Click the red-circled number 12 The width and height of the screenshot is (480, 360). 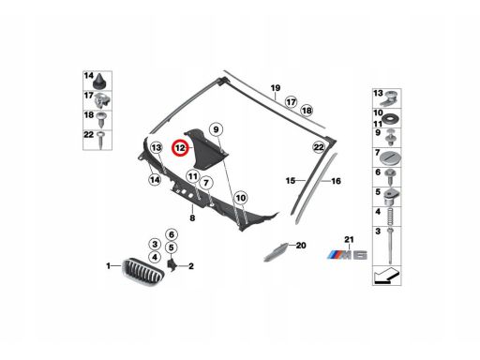180,148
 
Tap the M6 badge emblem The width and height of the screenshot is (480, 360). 347,255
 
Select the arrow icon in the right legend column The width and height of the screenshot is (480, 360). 386,276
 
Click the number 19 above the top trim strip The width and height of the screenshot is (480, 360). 276,88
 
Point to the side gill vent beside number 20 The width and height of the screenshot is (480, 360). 276,251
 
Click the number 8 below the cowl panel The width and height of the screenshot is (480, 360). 192,217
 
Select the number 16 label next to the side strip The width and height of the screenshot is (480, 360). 336,181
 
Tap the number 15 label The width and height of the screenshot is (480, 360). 291,181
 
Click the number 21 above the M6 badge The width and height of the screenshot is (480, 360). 349,240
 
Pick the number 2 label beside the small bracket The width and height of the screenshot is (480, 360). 190,266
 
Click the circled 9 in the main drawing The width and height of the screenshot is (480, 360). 217,129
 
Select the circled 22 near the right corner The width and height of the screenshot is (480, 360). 319,147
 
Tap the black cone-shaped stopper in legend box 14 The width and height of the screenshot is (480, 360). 100,81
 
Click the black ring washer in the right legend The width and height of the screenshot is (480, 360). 391,119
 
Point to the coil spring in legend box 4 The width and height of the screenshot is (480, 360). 390,217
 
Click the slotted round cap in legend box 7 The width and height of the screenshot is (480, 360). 390,158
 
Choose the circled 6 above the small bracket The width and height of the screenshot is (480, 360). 172,234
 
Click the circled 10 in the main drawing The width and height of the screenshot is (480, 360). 241,198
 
